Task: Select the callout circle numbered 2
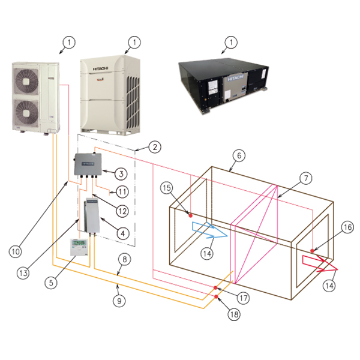[x=154, y=146]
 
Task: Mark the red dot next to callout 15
[x=190, y=214]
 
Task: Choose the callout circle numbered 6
[x=238, y=155]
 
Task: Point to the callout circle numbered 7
[x=305, y=178]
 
